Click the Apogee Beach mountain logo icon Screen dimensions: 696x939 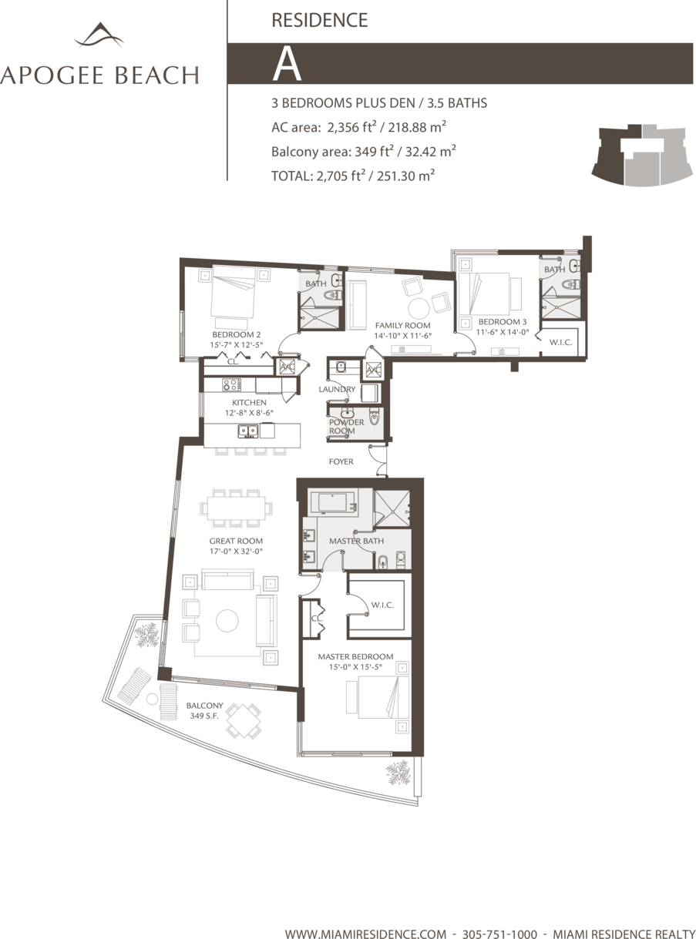click(x=99, y=35)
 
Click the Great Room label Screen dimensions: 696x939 click(x=236, y=541)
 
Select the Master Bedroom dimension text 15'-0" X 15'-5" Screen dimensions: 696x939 click(x=355, y=667)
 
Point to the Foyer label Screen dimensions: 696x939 click(x=341, y=461)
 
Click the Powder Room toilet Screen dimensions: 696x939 click(x=374, y=418)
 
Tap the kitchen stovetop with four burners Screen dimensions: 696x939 click(x=232, y=384)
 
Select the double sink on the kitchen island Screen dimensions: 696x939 click(x=248, y=431)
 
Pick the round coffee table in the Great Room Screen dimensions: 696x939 click(x=227, y=621)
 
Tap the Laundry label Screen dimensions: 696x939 click(x=337, y=389)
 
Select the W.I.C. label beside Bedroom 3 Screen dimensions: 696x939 click(x=560, y=342)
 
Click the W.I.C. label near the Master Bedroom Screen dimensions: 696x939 click(x=382, y=605)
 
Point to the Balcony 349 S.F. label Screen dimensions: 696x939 click(x=204, y=710)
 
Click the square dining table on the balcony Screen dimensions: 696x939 click(x=243, y=720)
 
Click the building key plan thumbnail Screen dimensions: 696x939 click(x=643, y=155)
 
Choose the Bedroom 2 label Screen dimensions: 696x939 click(x=237, y=334)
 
